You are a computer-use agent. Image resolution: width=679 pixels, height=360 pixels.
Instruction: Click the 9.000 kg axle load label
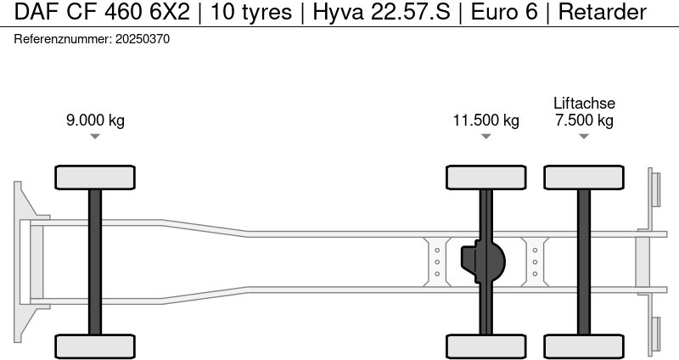tap(95, 120)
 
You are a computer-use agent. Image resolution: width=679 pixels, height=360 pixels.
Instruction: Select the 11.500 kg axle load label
tap(485, 120)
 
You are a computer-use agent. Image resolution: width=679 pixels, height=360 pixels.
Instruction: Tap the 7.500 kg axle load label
tap(584, 120)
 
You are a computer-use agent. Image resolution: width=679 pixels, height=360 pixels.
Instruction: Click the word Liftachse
tap(584, 103)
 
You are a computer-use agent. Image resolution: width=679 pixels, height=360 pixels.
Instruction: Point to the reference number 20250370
tap(143, 39)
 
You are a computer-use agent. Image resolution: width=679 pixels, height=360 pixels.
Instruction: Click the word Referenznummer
tap(63, 39)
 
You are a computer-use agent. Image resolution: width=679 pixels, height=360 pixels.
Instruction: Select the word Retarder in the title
tap(603, 12)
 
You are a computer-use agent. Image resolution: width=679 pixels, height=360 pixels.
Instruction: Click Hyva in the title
tap(338, 12)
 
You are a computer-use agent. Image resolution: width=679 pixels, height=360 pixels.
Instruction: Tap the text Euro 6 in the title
tap(504, 12)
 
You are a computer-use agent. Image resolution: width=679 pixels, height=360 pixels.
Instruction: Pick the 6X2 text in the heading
tap(170, 12)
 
